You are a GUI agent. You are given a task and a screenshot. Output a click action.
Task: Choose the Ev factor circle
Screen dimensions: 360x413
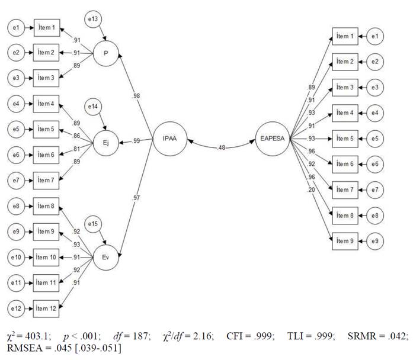click(x=105, y=258)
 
